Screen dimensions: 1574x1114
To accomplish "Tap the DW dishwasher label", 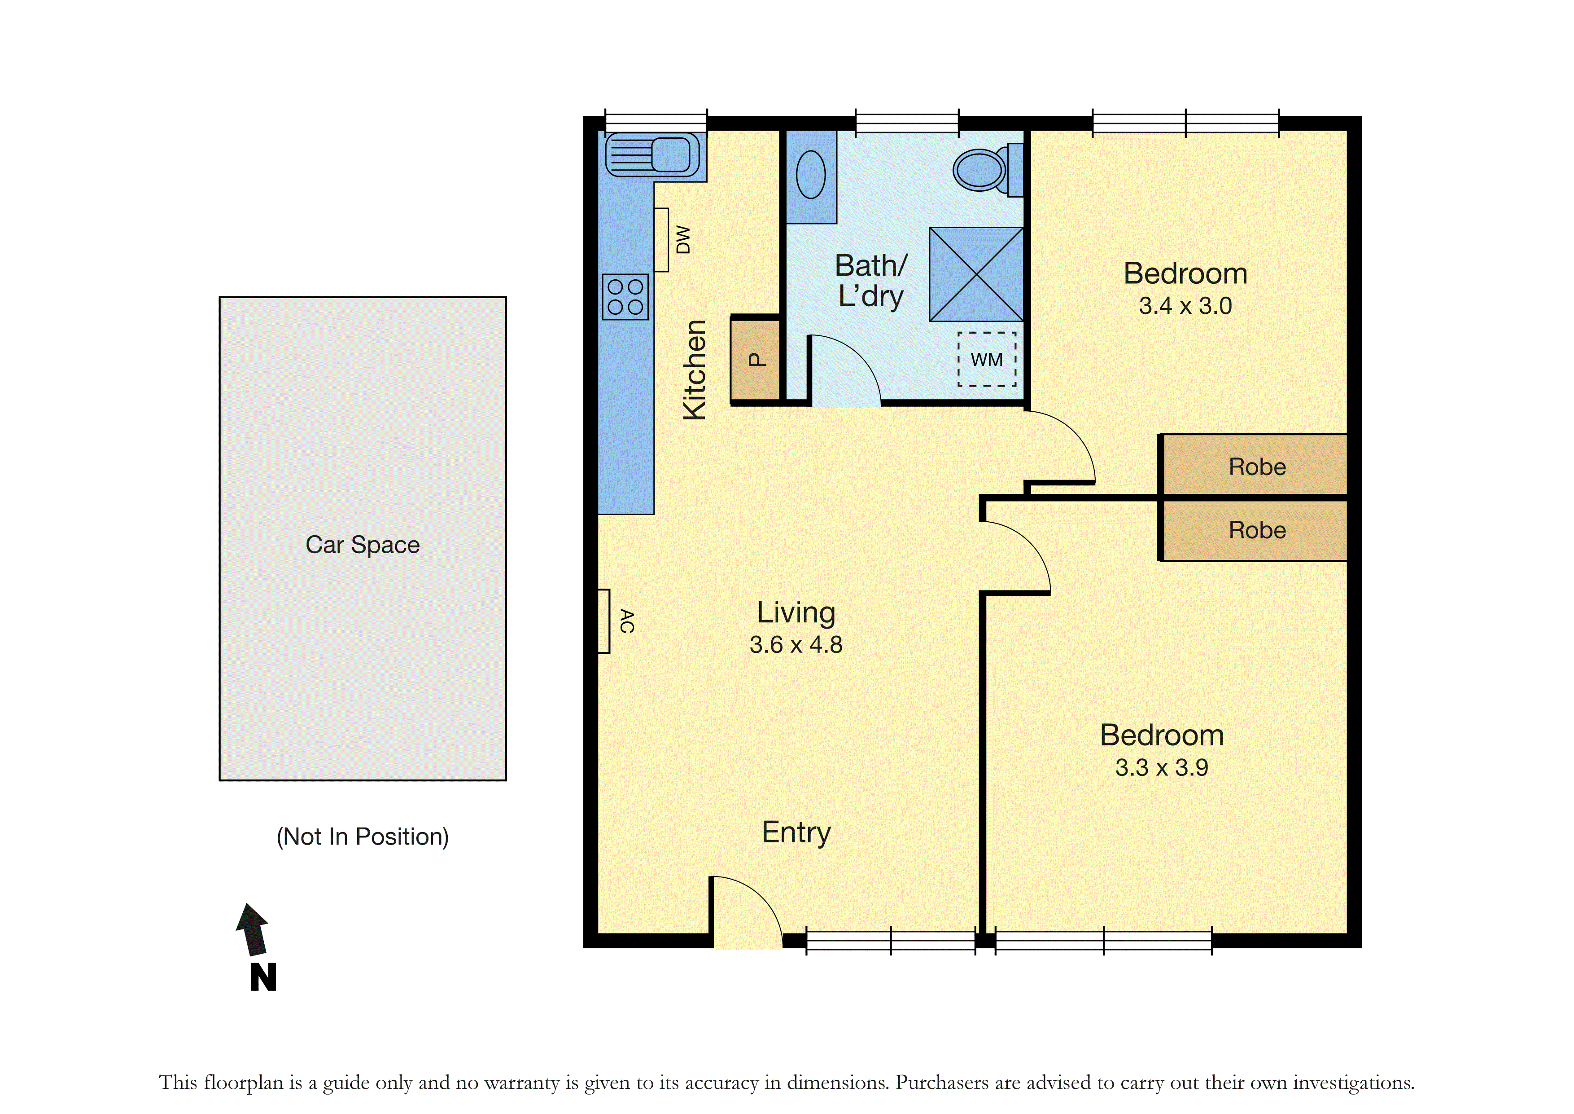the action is click(x=683, y=240).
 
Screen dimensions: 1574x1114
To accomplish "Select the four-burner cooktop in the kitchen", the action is click(x=625, y=297).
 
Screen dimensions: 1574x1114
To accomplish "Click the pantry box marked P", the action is click(x=756, y=360).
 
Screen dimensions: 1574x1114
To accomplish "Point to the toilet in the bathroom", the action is click(x=988, y=169).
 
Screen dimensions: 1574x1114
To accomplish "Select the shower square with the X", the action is click(x=976, y=274).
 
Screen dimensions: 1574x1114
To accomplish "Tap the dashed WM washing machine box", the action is click(x=987, y=360).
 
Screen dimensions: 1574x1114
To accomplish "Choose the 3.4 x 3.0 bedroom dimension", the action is click(x=1185, y=306).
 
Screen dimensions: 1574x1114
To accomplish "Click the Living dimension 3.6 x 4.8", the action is click(x=796, y=645).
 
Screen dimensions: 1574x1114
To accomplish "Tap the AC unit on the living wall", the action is click(x=604, y=621).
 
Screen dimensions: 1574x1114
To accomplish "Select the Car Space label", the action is click(x=363, y=545).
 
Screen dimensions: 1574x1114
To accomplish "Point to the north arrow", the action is click(x=254, y=929).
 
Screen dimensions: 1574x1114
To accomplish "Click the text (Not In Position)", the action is click(x=363, y=837).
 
